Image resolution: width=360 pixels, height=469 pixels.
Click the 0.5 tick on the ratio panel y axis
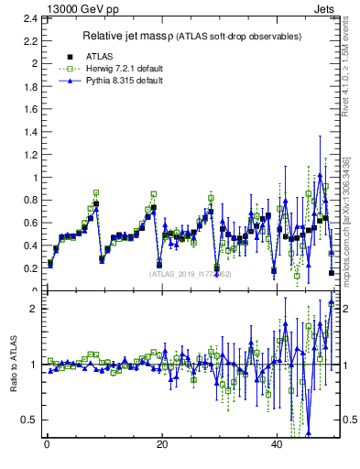(29, 420)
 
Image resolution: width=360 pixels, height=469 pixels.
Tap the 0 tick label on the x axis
(47, 445)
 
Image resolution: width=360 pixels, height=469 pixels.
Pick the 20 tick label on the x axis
(162, 445)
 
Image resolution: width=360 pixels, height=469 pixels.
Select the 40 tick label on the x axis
(278, 445)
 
